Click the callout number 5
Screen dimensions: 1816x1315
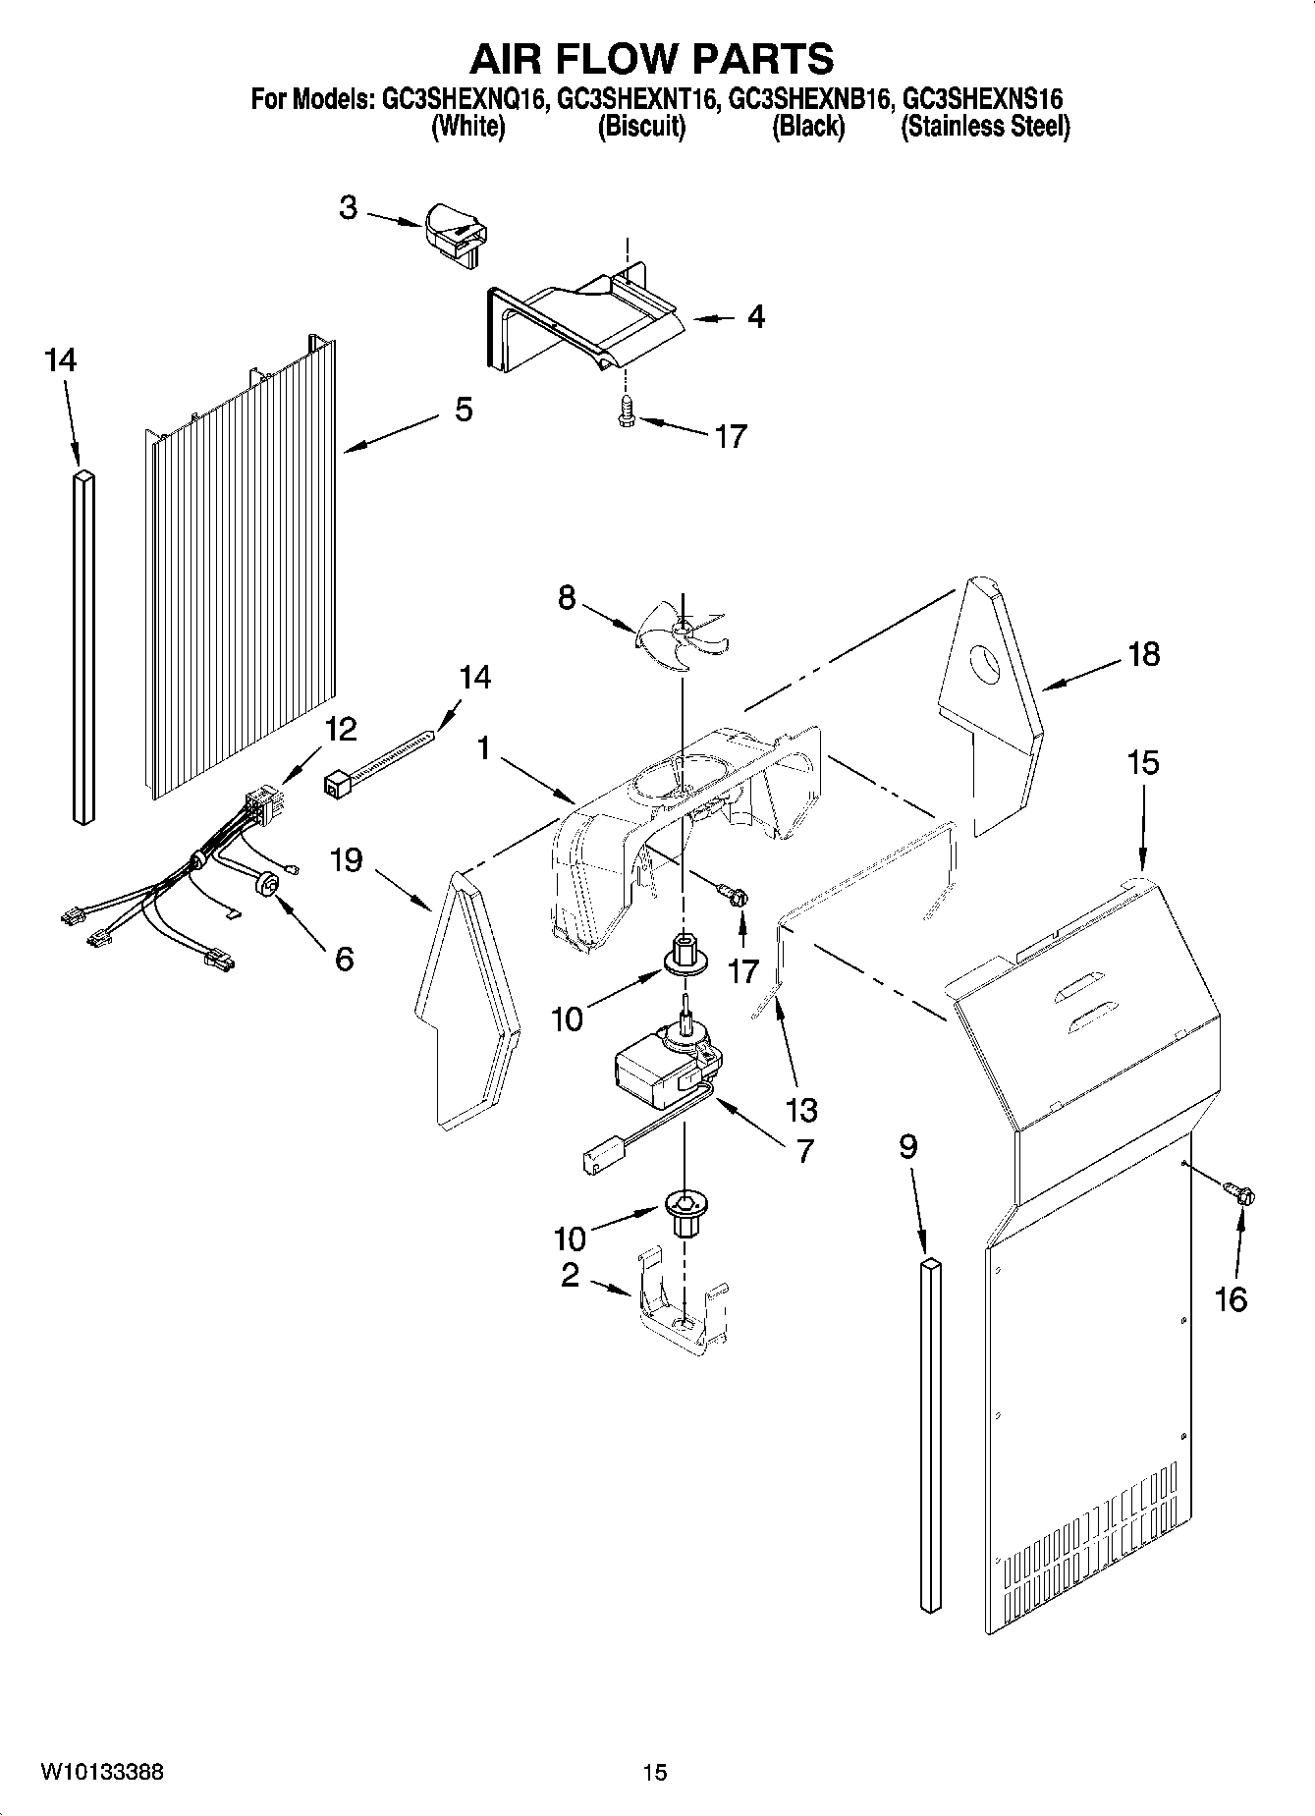(464, 410)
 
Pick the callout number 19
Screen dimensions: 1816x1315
(346, 860)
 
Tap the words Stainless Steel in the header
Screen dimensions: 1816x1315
(985, 127)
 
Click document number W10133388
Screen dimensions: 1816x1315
(103, 1772)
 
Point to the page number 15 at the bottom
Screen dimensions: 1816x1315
(655, 1773)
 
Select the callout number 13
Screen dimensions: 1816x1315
(801, 1110)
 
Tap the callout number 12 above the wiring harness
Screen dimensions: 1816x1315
(341, 730)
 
